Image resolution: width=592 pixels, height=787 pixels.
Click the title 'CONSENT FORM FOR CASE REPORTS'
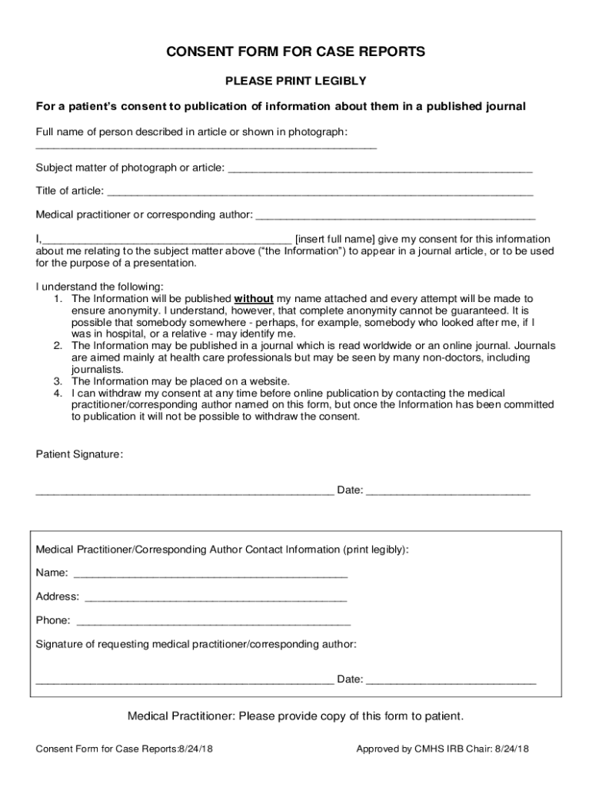pos(295,52)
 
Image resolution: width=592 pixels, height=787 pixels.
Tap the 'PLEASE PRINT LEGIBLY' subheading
pos(295,81)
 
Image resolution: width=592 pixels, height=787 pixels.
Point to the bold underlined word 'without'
pos(254,298)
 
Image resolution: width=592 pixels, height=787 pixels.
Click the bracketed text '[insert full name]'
pos(336,239)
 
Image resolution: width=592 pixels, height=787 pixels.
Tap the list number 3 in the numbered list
pos(58,381)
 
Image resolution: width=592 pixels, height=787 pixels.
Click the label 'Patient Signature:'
pos(79,454)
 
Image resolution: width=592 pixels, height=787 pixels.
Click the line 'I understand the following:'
pos(99,287)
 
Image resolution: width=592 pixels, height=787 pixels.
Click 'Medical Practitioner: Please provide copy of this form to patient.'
pos(295,716)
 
